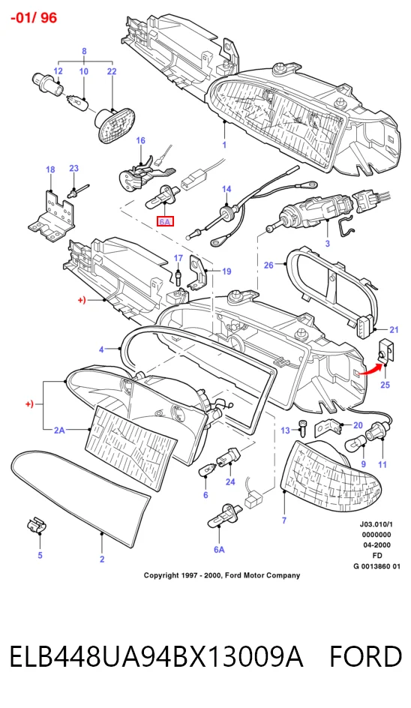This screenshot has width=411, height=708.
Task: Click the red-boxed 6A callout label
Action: [165, 222]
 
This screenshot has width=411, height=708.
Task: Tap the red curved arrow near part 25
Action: [370, 368]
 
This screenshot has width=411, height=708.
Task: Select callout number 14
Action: [226, 189]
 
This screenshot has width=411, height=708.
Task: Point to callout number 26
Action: [268, 265]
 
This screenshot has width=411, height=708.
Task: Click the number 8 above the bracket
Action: [84, 52]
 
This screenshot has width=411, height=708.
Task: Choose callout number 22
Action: [112, 71]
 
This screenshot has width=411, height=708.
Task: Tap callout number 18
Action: [50, 169]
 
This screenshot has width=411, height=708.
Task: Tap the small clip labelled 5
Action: [37, 525]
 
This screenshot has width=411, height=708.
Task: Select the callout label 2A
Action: [59, 430]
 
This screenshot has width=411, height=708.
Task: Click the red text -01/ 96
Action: [34, 17]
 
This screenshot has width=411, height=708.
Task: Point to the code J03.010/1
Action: [376, 524]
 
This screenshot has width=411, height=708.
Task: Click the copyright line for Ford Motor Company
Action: [222, 575]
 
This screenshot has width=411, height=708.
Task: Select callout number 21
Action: [394, 329]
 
